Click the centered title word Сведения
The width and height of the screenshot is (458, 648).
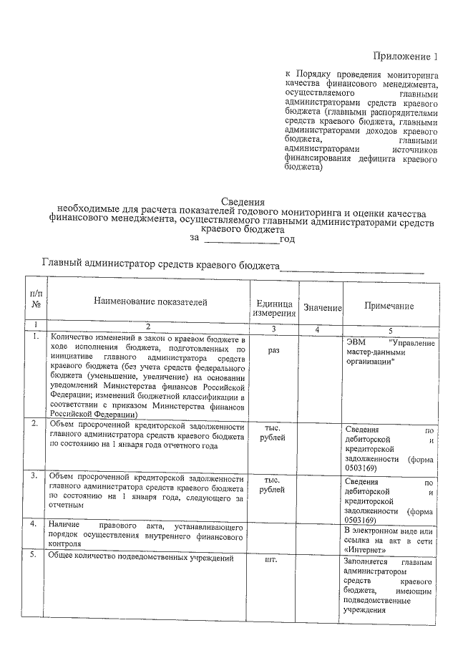(x=242, y=203)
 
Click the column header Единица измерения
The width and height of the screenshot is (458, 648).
(x=273, y=308)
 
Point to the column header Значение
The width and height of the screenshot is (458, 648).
(x=322, y=308)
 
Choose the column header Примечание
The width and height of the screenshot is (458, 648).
(x=389, y=306)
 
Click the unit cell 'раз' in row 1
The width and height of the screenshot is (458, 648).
(x=273, y=352)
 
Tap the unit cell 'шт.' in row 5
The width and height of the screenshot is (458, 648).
(x=273, y=560)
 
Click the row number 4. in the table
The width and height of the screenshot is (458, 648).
(x=34, y=524)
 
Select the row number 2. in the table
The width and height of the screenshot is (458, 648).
(x=34, y=424)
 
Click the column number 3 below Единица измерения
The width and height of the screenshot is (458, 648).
(x=273, y=328)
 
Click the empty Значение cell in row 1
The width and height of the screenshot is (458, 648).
(x=321, y=376)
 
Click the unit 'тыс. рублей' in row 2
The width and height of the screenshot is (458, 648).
(x=273, y=432)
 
